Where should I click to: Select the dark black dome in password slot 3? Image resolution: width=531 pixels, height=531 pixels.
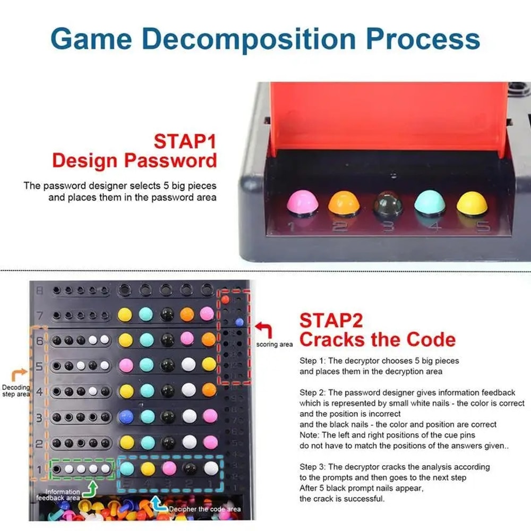[x=386, y=205]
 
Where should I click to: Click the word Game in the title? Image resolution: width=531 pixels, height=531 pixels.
[x=90, y=38]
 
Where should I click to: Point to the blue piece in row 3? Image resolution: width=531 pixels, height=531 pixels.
[x=126, y=416]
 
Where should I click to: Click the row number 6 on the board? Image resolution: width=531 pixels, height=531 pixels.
[x=39, y=340]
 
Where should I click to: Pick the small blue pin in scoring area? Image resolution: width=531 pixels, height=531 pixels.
[x=239, y=321]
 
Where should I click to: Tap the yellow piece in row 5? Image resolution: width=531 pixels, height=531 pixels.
[x=209, y=364]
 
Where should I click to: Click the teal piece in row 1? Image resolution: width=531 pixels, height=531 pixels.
[x=126, y=468]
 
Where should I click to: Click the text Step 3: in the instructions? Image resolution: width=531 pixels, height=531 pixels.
[x=312, y=467]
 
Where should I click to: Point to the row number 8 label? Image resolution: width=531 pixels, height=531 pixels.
[x=39, y=290]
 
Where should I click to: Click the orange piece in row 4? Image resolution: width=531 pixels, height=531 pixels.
[x=209, y=390]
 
